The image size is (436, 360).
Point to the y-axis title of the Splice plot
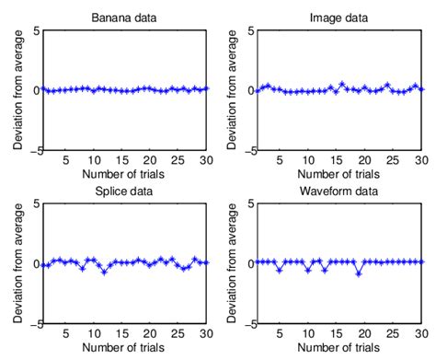16,263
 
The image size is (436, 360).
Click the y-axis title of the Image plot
237,90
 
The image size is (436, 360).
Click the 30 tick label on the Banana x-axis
207,160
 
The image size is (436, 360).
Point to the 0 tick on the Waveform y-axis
257,263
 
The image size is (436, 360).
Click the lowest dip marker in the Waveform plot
359,273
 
